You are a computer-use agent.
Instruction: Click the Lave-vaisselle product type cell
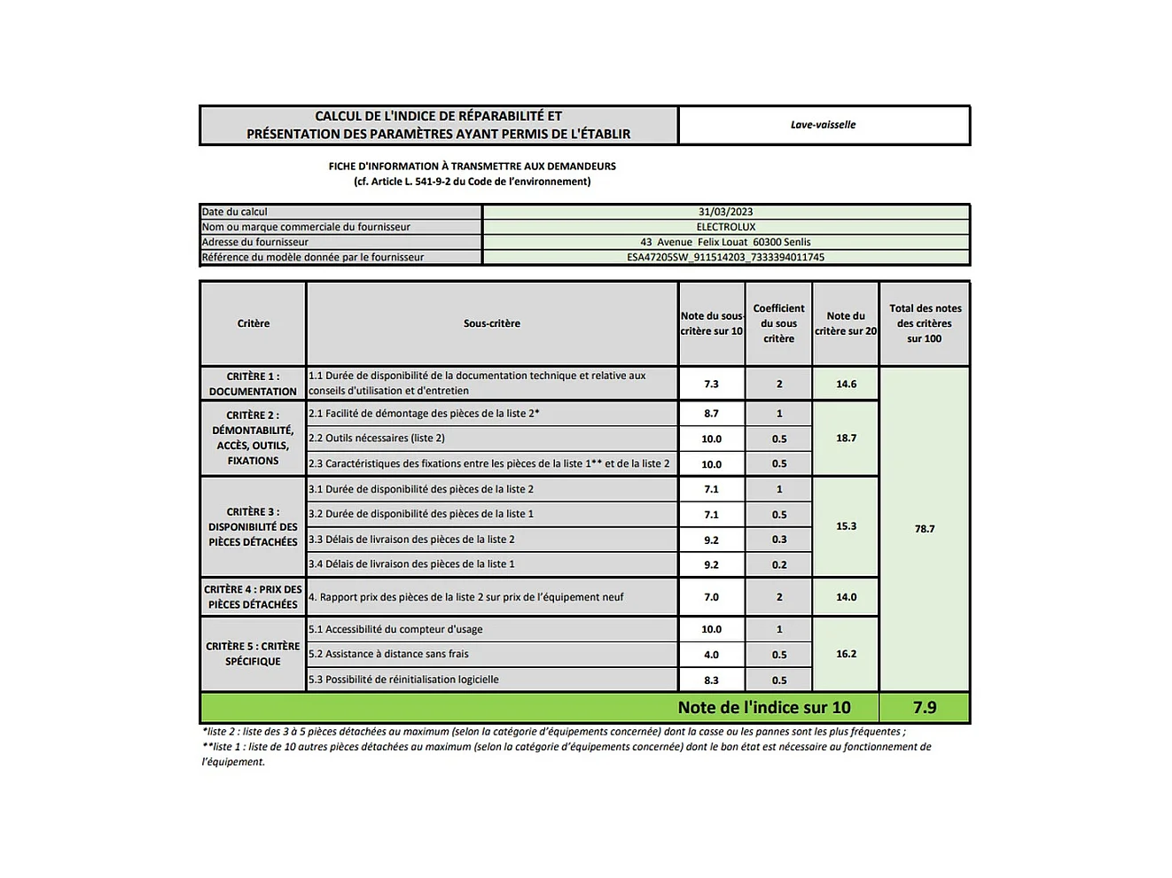823,125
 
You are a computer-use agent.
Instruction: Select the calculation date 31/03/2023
725,212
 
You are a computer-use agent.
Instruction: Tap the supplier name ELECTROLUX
725,227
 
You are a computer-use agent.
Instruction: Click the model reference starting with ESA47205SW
725,257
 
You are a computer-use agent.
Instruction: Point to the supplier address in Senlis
725,242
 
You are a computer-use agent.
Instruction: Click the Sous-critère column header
492,323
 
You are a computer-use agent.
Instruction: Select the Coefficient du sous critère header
778,323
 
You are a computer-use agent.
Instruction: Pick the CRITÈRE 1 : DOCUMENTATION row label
253,384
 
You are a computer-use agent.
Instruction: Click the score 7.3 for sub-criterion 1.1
711,384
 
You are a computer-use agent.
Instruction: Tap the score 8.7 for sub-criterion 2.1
711,414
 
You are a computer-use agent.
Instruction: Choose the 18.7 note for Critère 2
846,438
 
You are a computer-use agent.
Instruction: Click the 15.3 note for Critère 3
846,526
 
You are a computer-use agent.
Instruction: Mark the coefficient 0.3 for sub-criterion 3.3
778,540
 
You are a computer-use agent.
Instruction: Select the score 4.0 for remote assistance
711,655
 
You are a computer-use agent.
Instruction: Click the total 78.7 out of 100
924,529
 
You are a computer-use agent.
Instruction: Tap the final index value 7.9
924,707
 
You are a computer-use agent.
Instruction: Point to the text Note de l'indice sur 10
763,707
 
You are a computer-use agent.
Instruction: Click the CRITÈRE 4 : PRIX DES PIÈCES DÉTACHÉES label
253,597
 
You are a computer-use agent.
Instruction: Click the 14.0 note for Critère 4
846,597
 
